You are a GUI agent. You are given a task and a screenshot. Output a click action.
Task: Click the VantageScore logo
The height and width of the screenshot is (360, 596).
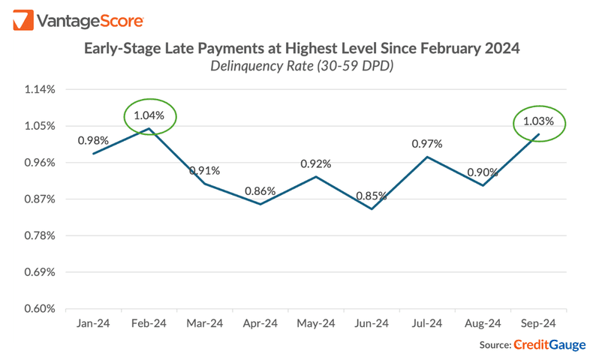coord(79,20)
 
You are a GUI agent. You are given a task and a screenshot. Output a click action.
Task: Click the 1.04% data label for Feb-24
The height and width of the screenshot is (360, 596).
coord(149,115)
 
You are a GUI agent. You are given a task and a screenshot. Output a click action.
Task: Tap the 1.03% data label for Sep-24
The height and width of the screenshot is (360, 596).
coord(538,121)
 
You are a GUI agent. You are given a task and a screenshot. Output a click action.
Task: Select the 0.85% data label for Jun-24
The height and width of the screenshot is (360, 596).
coord(372,196)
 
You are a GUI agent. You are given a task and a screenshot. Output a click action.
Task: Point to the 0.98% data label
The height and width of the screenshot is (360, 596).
coord(93,140)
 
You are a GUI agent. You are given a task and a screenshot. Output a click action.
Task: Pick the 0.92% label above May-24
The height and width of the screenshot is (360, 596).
coord(316,163)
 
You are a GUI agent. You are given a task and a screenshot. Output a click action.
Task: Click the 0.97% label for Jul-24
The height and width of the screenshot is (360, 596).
coord(426,143)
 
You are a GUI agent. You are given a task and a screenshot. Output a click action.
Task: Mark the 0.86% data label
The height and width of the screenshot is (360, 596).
coord(260,190)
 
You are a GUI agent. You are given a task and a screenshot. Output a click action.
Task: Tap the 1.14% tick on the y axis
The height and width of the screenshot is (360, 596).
coord(41,89)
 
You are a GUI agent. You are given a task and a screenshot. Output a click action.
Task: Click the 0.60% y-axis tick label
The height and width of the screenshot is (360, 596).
coord(41,308)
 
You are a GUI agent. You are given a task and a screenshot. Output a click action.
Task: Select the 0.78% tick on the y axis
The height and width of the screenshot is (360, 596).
coord(41,235)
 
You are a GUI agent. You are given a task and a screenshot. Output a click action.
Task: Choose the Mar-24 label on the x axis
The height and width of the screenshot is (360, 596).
coord(205,323)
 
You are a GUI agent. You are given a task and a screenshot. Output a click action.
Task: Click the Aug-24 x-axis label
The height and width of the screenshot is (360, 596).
coord(483,323)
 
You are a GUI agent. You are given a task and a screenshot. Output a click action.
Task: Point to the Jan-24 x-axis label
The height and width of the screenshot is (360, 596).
coord(94,323)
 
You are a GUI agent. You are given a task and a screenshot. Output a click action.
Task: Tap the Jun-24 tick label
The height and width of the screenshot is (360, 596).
coord(372,323)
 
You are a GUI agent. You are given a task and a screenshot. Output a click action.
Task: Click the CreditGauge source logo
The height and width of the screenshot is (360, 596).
coord(549,345)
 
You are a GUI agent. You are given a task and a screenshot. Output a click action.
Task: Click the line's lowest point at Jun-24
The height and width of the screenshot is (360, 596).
coord(372,209)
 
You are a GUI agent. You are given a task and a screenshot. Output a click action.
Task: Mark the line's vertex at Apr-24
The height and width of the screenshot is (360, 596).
coord(260,204)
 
